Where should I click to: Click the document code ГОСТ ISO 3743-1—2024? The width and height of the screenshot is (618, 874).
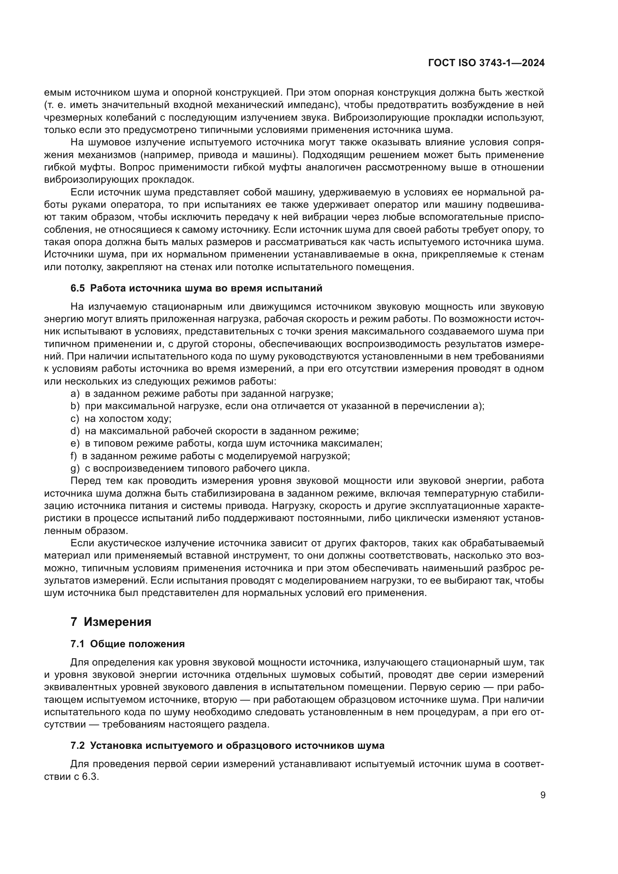pyautogui.click(x=486, y=63)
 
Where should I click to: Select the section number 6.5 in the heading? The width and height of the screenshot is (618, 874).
pyautogui.click(x=78, y=288)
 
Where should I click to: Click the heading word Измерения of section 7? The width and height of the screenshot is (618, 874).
pyautogui.click(x=118, y=622)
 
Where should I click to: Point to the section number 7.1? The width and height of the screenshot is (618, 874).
pyautogui.click(x=78, y=644)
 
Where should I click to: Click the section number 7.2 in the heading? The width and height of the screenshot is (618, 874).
pyautogui.click(x=78, y=745)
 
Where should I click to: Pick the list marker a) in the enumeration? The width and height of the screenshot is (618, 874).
pyautogui.click(x=75, y=393)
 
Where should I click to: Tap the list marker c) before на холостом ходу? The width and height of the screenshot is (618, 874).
pyautogui.click(x=75, y=419)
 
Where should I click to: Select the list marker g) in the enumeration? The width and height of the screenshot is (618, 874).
pyautogui.click(x=75, y=468)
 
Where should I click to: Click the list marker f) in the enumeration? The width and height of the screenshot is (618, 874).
pyautogui.click(x=74, y=455)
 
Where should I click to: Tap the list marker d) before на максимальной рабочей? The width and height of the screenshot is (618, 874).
pyautogui.click(x=75, y=431)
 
